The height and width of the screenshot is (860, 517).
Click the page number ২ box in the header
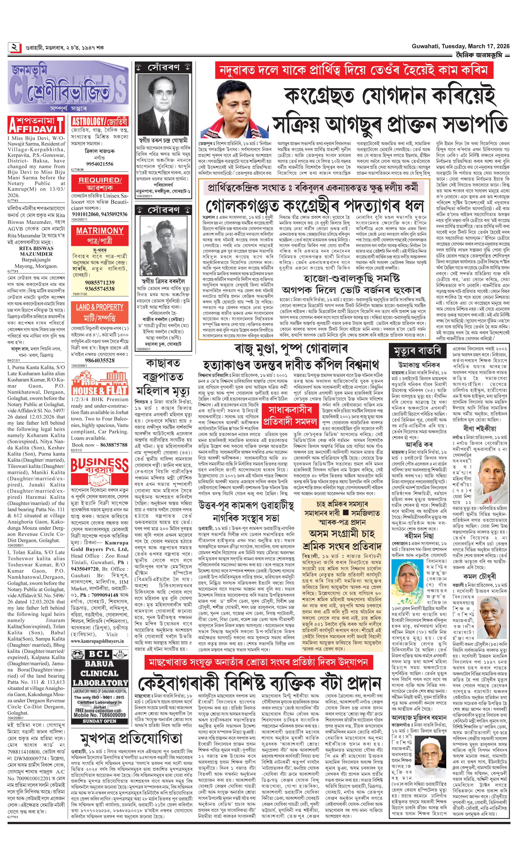tap(15, 47)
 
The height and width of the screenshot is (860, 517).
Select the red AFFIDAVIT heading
tap(36, 125)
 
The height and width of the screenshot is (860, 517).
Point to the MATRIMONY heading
tap(100, 231)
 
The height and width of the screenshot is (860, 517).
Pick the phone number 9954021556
tap(100, 164)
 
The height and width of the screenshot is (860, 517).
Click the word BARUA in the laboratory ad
tap(99, 664)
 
